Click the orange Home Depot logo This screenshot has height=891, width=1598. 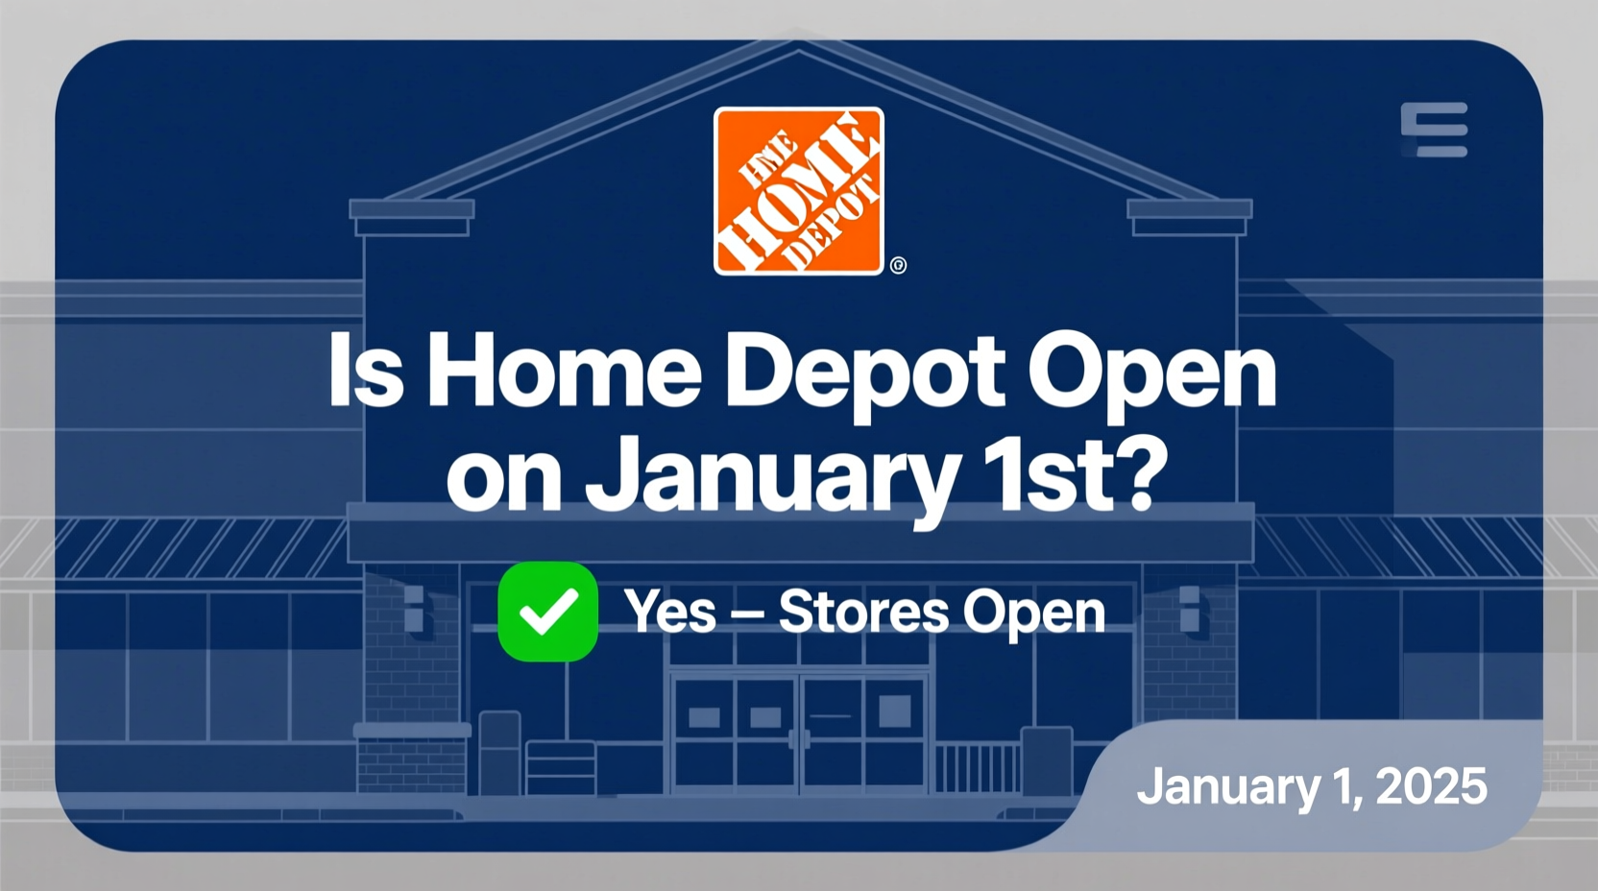coord(798,191)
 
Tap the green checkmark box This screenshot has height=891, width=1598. coord(547,612)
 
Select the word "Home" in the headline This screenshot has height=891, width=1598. coord(564,372)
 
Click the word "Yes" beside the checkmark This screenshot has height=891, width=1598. coord(670,612)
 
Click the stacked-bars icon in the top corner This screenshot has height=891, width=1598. coord(1434,130)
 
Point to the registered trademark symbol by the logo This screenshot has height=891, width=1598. coord(898,265)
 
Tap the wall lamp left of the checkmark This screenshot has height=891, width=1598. coord(414,609)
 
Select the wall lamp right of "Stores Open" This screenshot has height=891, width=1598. coord(1189,609)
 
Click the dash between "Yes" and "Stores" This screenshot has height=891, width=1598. coord(747,614)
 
